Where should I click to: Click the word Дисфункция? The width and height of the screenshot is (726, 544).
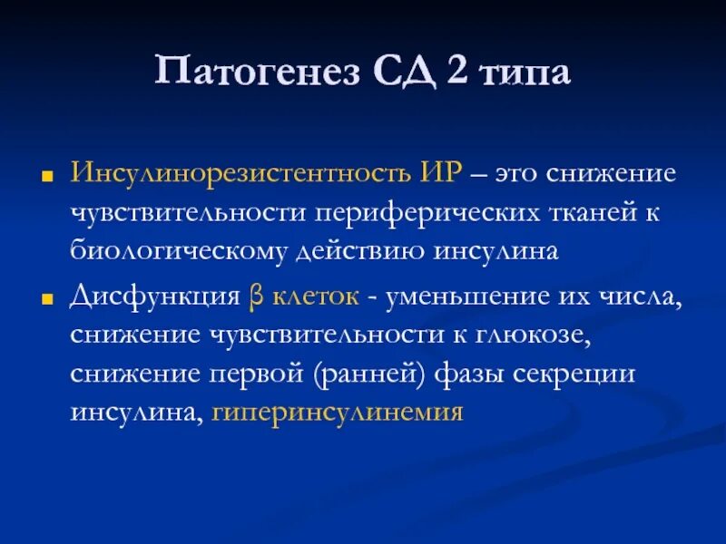151,296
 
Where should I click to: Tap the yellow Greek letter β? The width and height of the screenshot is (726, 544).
255,296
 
